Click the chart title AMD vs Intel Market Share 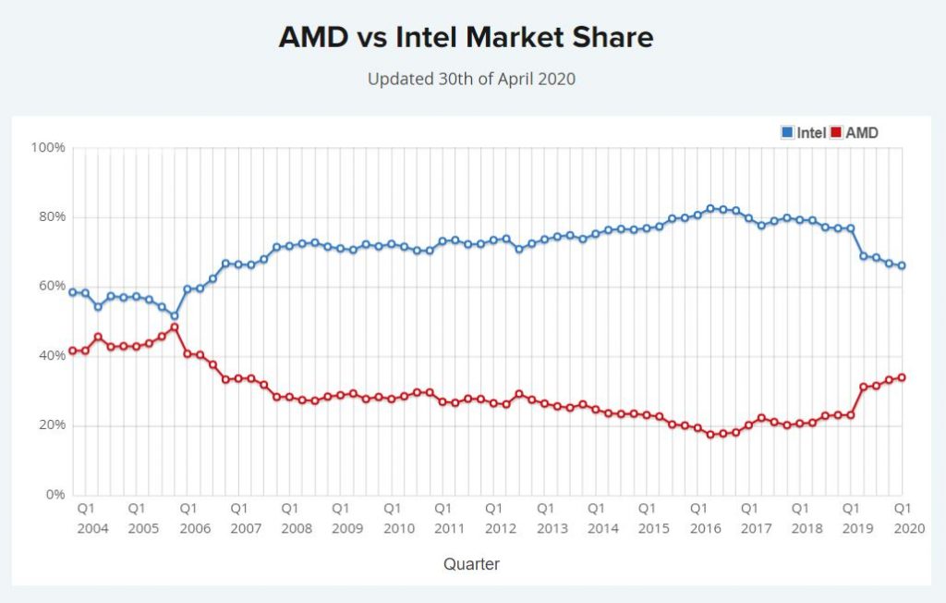point(466,37)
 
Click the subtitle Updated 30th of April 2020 point(471,79)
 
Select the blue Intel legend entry point(804,133)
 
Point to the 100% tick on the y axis point(48,148)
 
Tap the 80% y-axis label point(51,217)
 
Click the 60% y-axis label point(51,287)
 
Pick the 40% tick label point(51,356)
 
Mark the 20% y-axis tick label point(51,425)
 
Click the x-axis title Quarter point(471,563)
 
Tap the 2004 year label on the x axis point(92,528)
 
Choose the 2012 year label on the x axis point(500,528)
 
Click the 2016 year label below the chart point(704,528)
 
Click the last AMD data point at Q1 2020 point(902,377)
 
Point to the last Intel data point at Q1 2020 point(902,265)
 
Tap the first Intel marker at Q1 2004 point(73,292)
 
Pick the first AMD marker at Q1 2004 point(73,351)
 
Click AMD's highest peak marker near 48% point(175,327)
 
